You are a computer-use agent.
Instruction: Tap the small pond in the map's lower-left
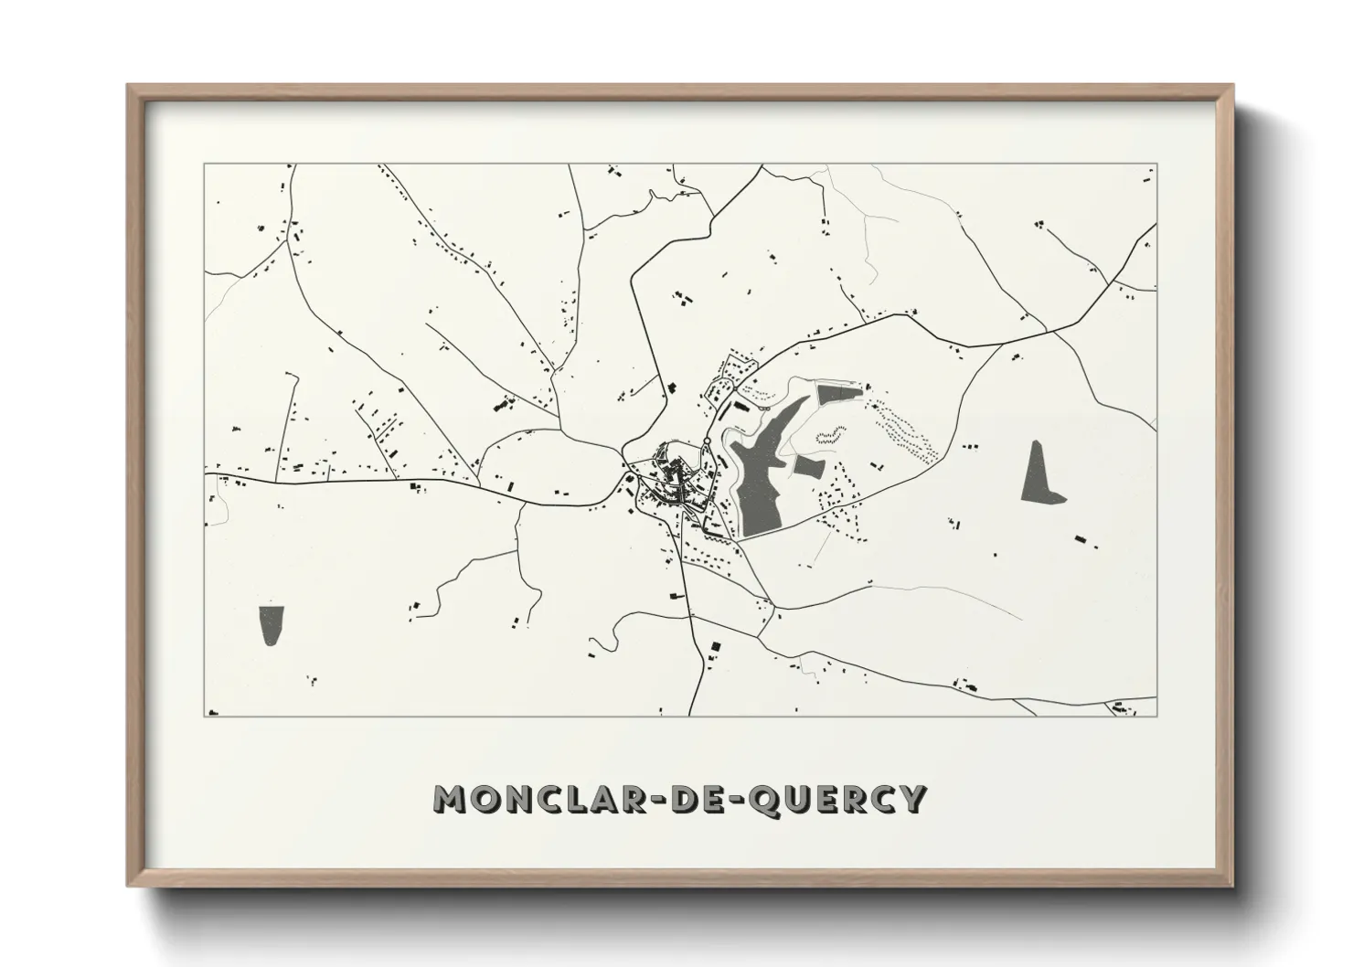[271, 625]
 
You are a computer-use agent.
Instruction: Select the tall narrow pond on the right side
[1039, 473]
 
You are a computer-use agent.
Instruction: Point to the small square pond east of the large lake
[808, 467]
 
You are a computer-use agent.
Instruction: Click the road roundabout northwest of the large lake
[707, 442]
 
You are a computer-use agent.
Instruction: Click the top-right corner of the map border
[1156, 165]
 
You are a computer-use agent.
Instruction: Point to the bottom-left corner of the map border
[204, 716]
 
